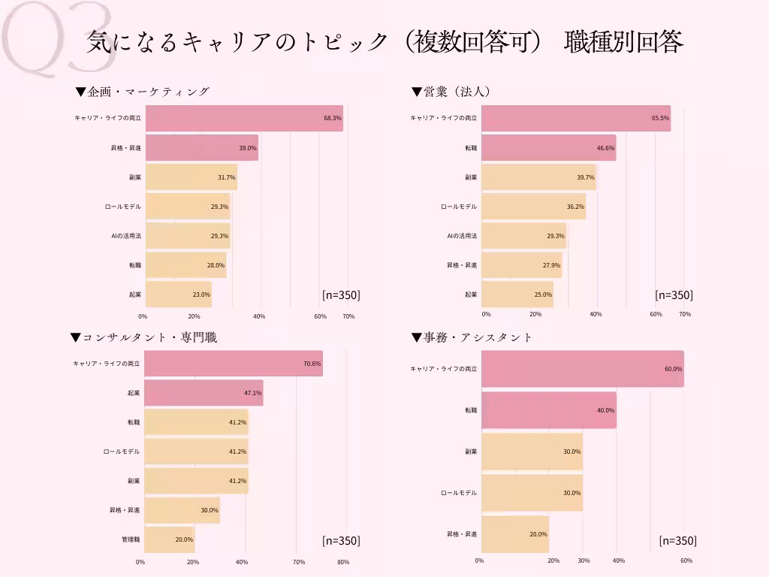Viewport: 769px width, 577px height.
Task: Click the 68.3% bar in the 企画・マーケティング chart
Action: [244, 119]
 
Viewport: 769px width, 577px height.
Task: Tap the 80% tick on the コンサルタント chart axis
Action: [343, 562]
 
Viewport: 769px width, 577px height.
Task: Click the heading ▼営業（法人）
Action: [451, 92]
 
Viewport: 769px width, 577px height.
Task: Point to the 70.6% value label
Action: [312, 364]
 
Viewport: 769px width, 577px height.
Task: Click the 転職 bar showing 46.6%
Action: [548, 148]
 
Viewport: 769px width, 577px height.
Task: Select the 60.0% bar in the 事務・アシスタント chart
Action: [582, 369]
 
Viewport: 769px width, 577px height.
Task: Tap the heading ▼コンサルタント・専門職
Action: [143, 337]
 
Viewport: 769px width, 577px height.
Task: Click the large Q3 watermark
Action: [56, 38]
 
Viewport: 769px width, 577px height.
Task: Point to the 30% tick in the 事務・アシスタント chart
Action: [584, 560]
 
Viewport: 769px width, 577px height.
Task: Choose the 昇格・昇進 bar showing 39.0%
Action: [201, 148]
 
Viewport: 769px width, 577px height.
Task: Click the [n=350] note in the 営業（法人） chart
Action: [674, 295]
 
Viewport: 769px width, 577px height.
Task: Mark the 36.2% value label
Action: [575, 207]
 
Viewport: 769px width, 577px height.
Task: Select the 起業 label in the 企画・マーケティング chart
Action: [134, 295]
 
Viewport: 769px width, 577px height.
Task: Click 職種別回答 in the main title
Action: [623, 42]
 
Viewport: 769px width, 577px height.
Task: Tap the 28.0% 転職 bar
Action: [185, 265]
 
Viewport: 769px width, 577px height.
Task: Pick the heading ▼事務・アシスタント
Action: [472, 337]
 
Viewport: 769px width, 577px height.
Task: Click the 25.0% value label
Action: [542, 295]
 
